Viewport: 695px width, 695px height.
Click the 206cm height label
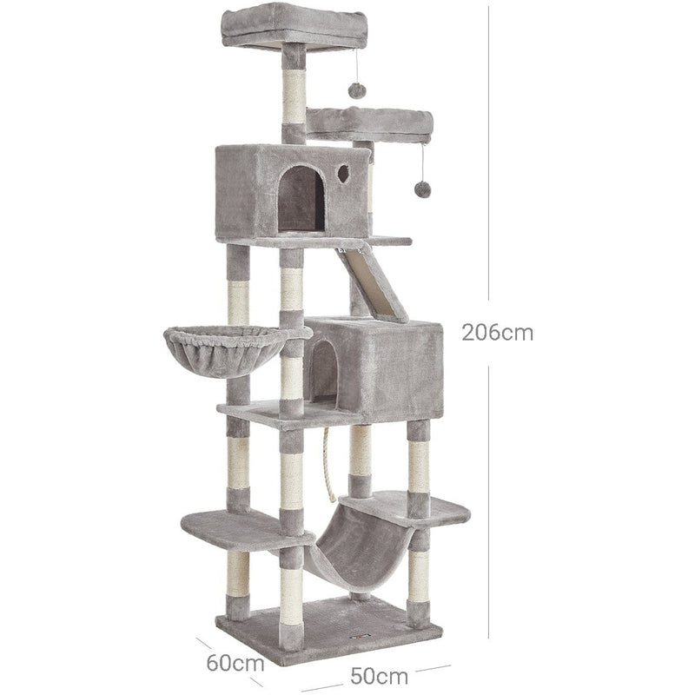coord(497,332)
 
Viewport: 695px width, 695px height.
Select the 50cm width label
coord(380,674)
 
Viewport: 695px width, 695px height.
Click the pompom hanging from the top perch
coord(355,89)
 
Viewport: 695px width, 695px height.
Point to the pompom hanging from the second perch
coord(422,189)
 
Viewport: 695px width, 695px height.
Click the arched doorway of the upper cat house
coord(301,199)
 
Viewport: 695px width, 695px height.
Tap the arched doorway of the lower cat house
coord(324,371)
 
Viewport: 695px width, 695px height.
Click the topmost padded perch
coord(281,24)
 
